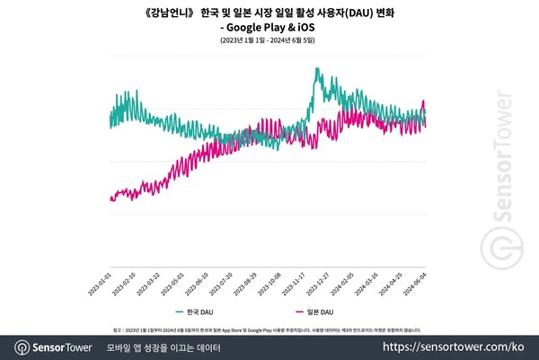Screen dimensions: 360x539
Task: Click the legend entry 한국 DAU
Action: [196, 311]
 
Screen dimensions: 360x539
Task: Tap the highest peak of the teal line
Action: [317, 68]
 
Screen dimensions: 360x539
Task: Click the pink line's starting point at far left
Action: [110, 199]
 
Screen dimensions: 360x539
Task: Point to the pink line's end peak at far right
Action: [424, 101]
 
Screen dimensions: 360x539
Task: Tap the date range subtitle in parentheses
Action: [269, 42]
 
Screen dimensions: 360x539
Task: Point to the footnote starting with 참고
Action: [269, 329]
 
